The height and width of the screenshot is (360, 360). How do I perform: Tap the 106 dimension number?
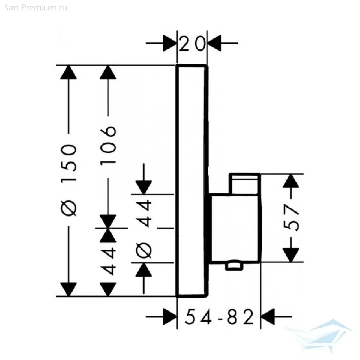point(108,144)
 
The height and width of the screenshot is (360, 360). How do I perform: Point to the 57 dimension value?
point(292,218)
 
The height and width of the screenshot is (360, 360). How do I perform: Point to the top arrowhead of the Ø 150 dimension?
point(69,73)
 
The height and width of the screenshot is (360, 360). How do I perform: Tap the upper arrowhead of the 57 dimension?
point(292,182)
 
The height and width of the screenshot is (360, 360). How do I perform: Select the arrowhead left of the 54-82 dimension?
point(169,316)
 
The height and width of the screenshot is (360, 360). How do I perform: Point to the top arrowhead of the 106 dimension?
point(108,73)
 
